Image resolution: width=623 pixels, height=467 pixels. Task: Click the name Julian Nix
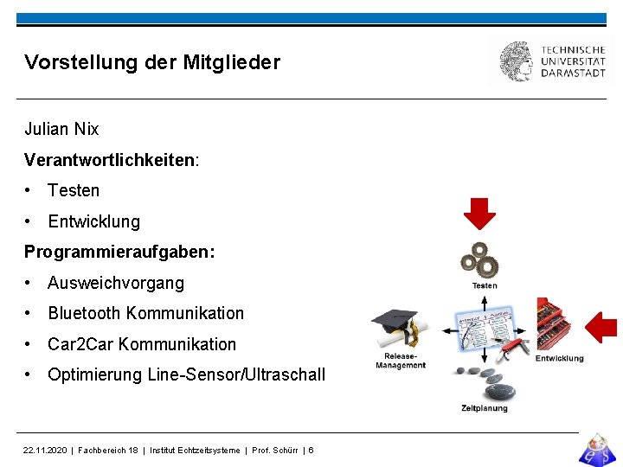pyautogui.click(x=61, y=130)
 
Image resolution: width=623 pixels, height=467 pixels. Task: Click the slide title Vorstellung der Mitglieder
pyautogui.click(x=152, y=62)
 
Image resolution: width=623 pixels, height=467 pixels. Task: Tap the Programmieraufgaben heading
pyautogui.click(x=119, y=252)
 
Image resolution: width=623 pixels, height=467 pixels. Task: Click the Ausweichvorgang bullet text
pyautogui.click(x=116, y=283)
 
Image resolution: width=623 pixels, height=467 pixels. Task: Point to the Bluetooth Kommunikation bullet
pyautogui.click(x=145, y=313)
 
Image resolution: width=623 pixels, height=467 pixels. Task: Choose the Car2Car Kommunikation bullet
pyautogui.click(x=142, y=344)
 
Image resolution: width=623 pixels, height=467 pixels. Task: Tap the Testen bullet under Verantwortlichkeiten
pyautogui.click(x=74, y=190)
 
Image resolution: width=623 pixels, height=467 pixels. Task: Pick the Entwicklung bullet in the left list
pyautogui.click(x=93, y=221)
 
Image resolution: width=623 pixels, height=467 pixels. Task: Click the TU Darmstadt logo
pyautogui.click(x=552, y=61)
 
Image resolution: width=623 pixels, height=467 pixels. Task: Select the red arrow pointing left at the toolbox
pyautogui.click(x=601, y=328)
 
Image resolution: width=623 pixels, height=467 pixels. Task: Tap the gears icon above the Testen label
pyautogui.click(x=480, y=260)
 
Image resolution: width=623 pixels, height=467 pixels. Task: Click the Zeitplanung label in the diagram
pyautogui.click(x=485, y=408)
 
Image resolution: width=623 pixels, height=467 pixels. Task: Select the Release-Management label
pyautogui.click(x=401, y=361)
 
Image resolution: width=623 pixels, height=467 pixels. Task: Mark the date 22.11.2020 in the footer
pyautogui.click(x=46, y=451)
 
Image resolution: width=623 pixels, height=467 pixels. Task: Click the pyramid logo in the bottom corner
pyautogui.click(x=596, y=448)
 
